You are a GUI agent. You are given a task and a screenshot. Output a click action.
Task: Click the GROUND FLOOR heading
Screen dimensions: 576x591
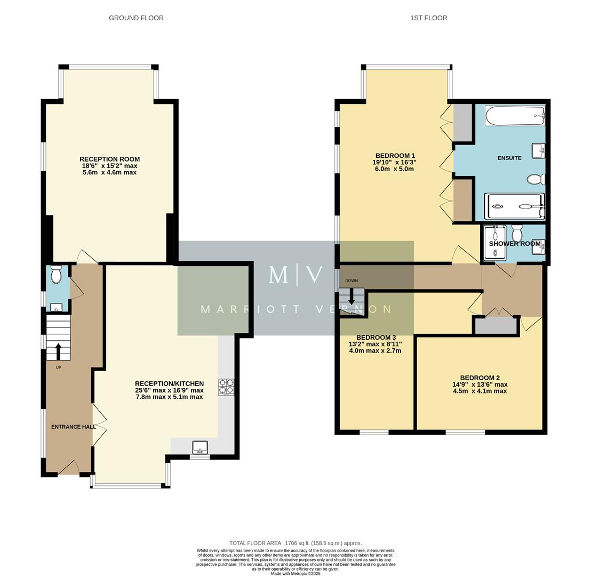136,18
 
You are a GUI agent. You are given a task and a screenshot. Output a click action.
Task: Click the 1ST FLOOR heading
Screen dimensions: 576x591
428,18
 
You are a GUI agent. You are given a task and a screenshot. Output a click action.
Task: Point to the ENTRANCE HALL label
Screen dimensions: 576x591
74,427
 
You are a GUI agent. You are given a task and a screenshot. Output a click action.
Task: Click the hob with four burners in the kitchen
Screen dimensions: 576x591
226,387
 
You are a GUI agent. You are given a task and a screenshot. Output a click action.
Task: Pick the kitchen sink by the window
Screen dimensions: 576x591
200,447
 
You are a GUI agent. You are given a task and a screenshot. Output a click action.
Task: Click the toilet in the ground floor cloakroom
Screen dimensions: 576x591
57,275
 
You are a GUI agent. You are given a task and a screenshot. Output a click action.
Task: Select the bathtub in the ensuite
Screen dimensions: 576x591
515,116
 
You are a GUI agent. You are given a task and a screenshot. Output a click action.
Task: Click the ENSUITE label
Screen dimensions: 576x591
509,158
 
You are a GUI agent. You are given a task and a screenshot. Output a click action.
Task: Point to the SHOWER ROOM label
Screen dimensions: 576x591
515,244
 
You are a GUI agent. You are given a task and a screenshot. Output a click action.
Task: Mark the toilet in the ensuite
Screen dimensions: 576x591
536,179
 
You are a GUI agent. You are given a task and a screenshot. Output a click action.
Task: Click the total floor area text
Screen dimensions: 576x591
295,543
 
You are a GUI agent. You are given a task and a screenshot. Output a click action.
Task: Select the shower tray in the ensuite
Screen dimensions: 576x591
514,206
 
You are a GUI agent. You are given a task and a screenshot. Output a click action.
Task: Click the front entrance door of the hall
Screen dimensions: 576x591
69,468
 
